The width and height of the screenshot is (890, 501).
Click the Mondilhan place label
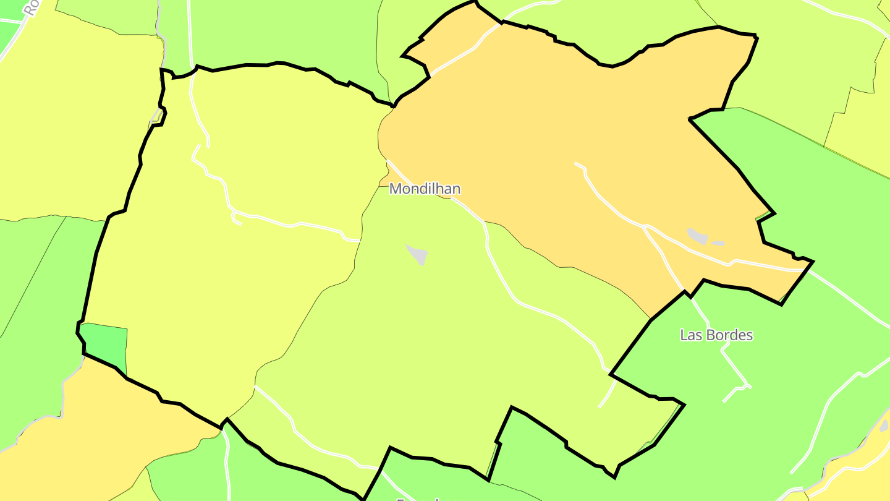(425, 189)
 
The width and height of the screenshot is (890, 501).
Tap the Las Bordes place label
(716, 335)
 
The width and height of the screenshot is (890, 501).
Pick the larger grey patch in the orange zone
(698, 236)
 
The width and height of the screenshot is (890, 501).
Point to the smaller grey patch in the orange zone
(718, 243)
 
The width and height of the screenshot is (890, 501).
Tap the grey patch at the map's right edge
(884, 426)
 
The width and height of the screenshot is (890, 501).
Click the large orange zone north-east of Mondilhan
(556, 124)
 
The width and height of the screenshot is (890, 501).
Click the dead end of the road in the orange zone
(576, 163)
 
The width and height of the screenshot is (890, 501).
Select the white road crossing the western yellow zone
(290, 225)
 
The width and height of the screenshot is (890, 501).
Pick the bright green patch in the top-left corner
(9, 37)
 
